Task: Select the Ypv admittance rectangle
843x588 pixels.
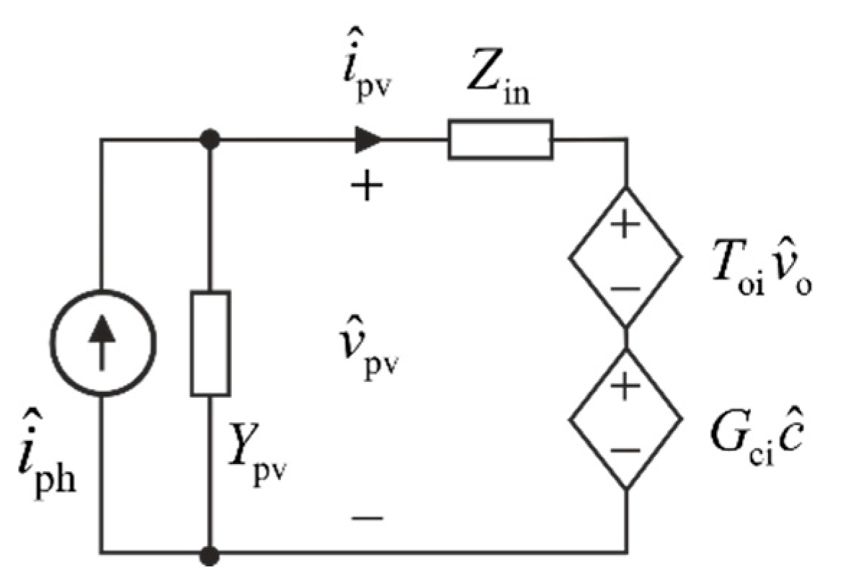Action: coord(210,343)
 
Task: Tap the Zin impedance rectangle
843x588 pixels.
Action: coord(501,139)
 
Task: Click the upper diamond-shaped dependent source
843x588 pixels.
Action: coord(625,256)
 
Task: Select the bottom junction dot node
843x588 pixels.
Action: coord(210,553)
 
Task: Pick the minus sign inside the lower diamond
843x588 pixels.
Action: coord(625,450)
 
